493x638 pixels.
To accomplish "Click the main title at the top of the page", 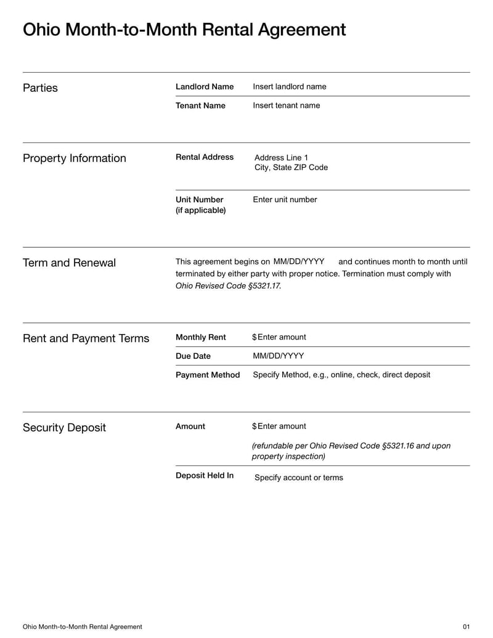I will pyautogui.click(x=184, y=30).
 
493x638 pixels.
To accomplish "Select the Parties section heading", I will pyautogui.click(x=40, y=88).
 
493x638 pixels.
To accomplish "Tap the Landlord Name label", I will pyautogui.click(x=205, y=87).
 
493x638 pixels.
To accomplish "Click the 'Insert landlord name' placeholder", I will pyautogui.click(x=289, y=87).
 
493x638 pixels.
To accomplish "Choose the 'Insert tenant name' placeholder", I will pyautogui.click(x=286, y=105).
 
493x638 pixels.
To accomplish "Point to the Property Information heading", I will pyautogui.click(x=74, y=158).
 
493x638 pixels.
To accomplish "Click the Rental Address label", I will pyautogui.click(x=205, y=157).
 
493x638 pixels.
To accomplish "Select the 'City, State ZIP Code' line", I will pyautogui.click(x=291, y=168).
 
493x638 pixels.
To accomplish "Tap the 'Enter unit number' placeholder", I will pyautogui.click(x=285, y=200).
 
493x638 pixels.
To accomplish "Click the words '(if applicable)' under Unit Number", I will pyautogui.click(x=200, y=211).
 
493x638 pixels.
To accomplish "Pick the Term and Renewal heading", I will pyautogui.click(x=69, y=263).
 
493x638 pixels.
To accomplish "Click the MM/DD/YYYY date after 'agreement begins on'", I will pyautogui.click(x=298, y=261).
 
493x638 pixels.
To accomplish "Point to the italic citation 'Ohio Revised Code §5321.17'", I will pyautogui.click(x=228, y=286).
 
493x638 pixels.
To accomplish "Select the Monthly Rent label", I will pyautogui.click(x=200, y=337).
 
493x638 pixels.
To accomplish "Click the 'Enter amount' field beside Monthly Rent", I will pyautogui.click(x=282, y=337).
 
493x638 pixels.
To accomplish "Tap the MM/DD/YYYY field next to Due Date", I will pyautogui.click(x=278, y=356).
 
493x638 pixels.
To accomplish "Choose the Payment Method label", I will pyautogui.click(x=208, y=375).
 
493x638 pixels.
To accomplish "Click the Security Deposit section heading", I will pyautogui.click(x=64, y=428).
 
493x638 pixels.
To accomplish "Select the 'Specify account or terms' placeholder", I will pyautogui.click(x=298, y=478).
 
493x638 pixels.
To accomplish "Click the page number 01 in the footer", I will pyautogui.click(x=466, y=627).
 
